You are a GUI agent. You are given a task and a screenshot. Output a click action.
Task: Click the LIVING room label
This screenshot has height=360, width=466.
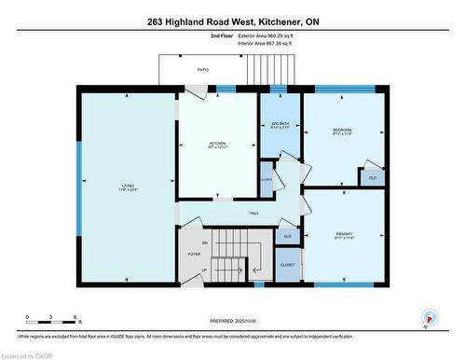click(x=128, y=187)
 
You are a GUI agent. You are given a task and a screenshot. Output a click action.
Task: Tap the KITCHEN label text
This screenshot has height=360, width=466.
click(x=218, y=145)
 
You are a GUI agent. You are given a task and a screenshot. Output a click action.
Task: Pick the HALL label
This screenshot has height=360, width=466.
click(x=254, y=214)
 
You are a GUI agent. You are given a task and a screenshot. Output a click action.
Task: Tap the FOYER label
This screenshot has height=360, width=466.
click(x=195, y=254)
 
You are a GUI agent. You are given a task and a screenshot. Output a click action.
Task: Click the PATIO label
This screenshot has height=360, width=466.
click(x=202, y=69)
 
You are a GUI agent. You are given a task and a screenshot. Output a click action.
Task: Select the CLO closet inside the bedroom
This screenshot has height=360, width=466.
click(x=372, y=177)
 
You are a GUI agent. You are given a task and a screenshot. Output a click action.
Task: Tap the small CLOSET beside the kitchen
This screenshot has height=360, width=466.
click(x=267, y=179)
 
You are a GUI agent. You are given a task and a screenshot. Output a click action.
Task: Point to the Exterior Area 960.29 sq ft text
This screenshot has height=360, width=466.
click(x=279, y=35)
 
